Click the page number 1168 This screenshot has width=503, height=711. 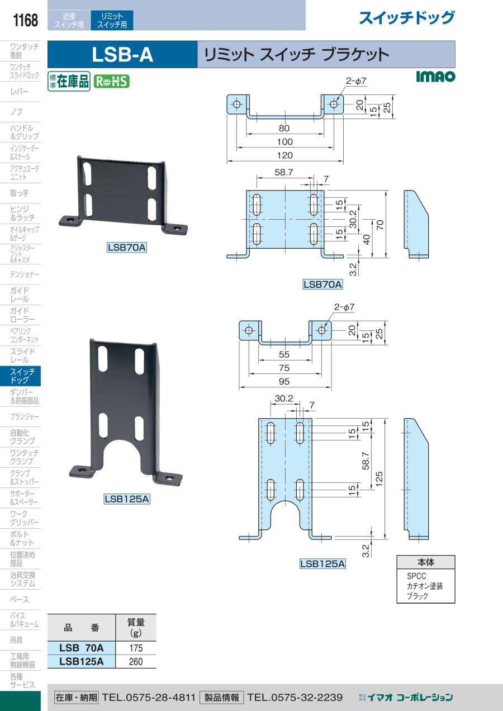click(x=25, y=20)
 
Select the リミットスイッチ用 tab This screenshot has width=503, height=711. click(x=112, y=20)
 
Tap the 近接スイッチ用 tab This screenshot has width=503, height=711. click(x=69, y=20)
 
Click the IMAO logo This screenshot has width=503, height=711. click(x=435, y=77)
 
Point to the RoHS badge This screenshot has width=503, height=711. click(x=112, y=82)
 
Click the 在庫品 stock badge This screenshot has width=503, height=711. click(x=69, y=82)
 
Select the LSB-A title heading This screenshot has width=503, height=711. click(x=122, y=55)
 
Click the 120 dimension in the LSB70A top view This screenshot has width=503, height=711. click(x=284, y=155)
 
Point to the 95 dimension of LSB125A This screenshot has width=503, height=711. click(x=284, y=382)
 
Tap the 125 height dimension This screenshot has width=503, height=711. click(x=379, y=479)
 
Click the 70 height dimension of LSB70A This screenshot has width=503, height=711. click(x=380, y=225)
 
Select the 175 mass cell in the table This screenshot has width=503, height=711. click(x=136, y=648)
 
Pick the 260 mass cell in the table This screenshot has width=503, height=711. click(x=136, y=661)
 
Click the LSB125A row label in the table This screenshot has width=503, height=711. click(x=82, y=661)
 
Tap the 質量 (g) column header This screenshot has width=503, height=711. click(x=136, y=628)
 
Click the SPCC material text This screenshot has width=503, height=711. click(x=417, y=576)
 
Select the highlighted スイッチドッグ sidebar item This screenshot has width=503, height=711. click(x=20, y=376)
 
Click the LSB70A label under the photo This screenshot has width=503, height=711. click(x=127, y=247)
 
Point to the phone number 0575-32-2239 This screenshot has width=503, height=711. click(x=295, y=697)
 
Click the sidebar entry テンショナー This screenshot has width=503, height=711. click(x=25, y=274)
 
